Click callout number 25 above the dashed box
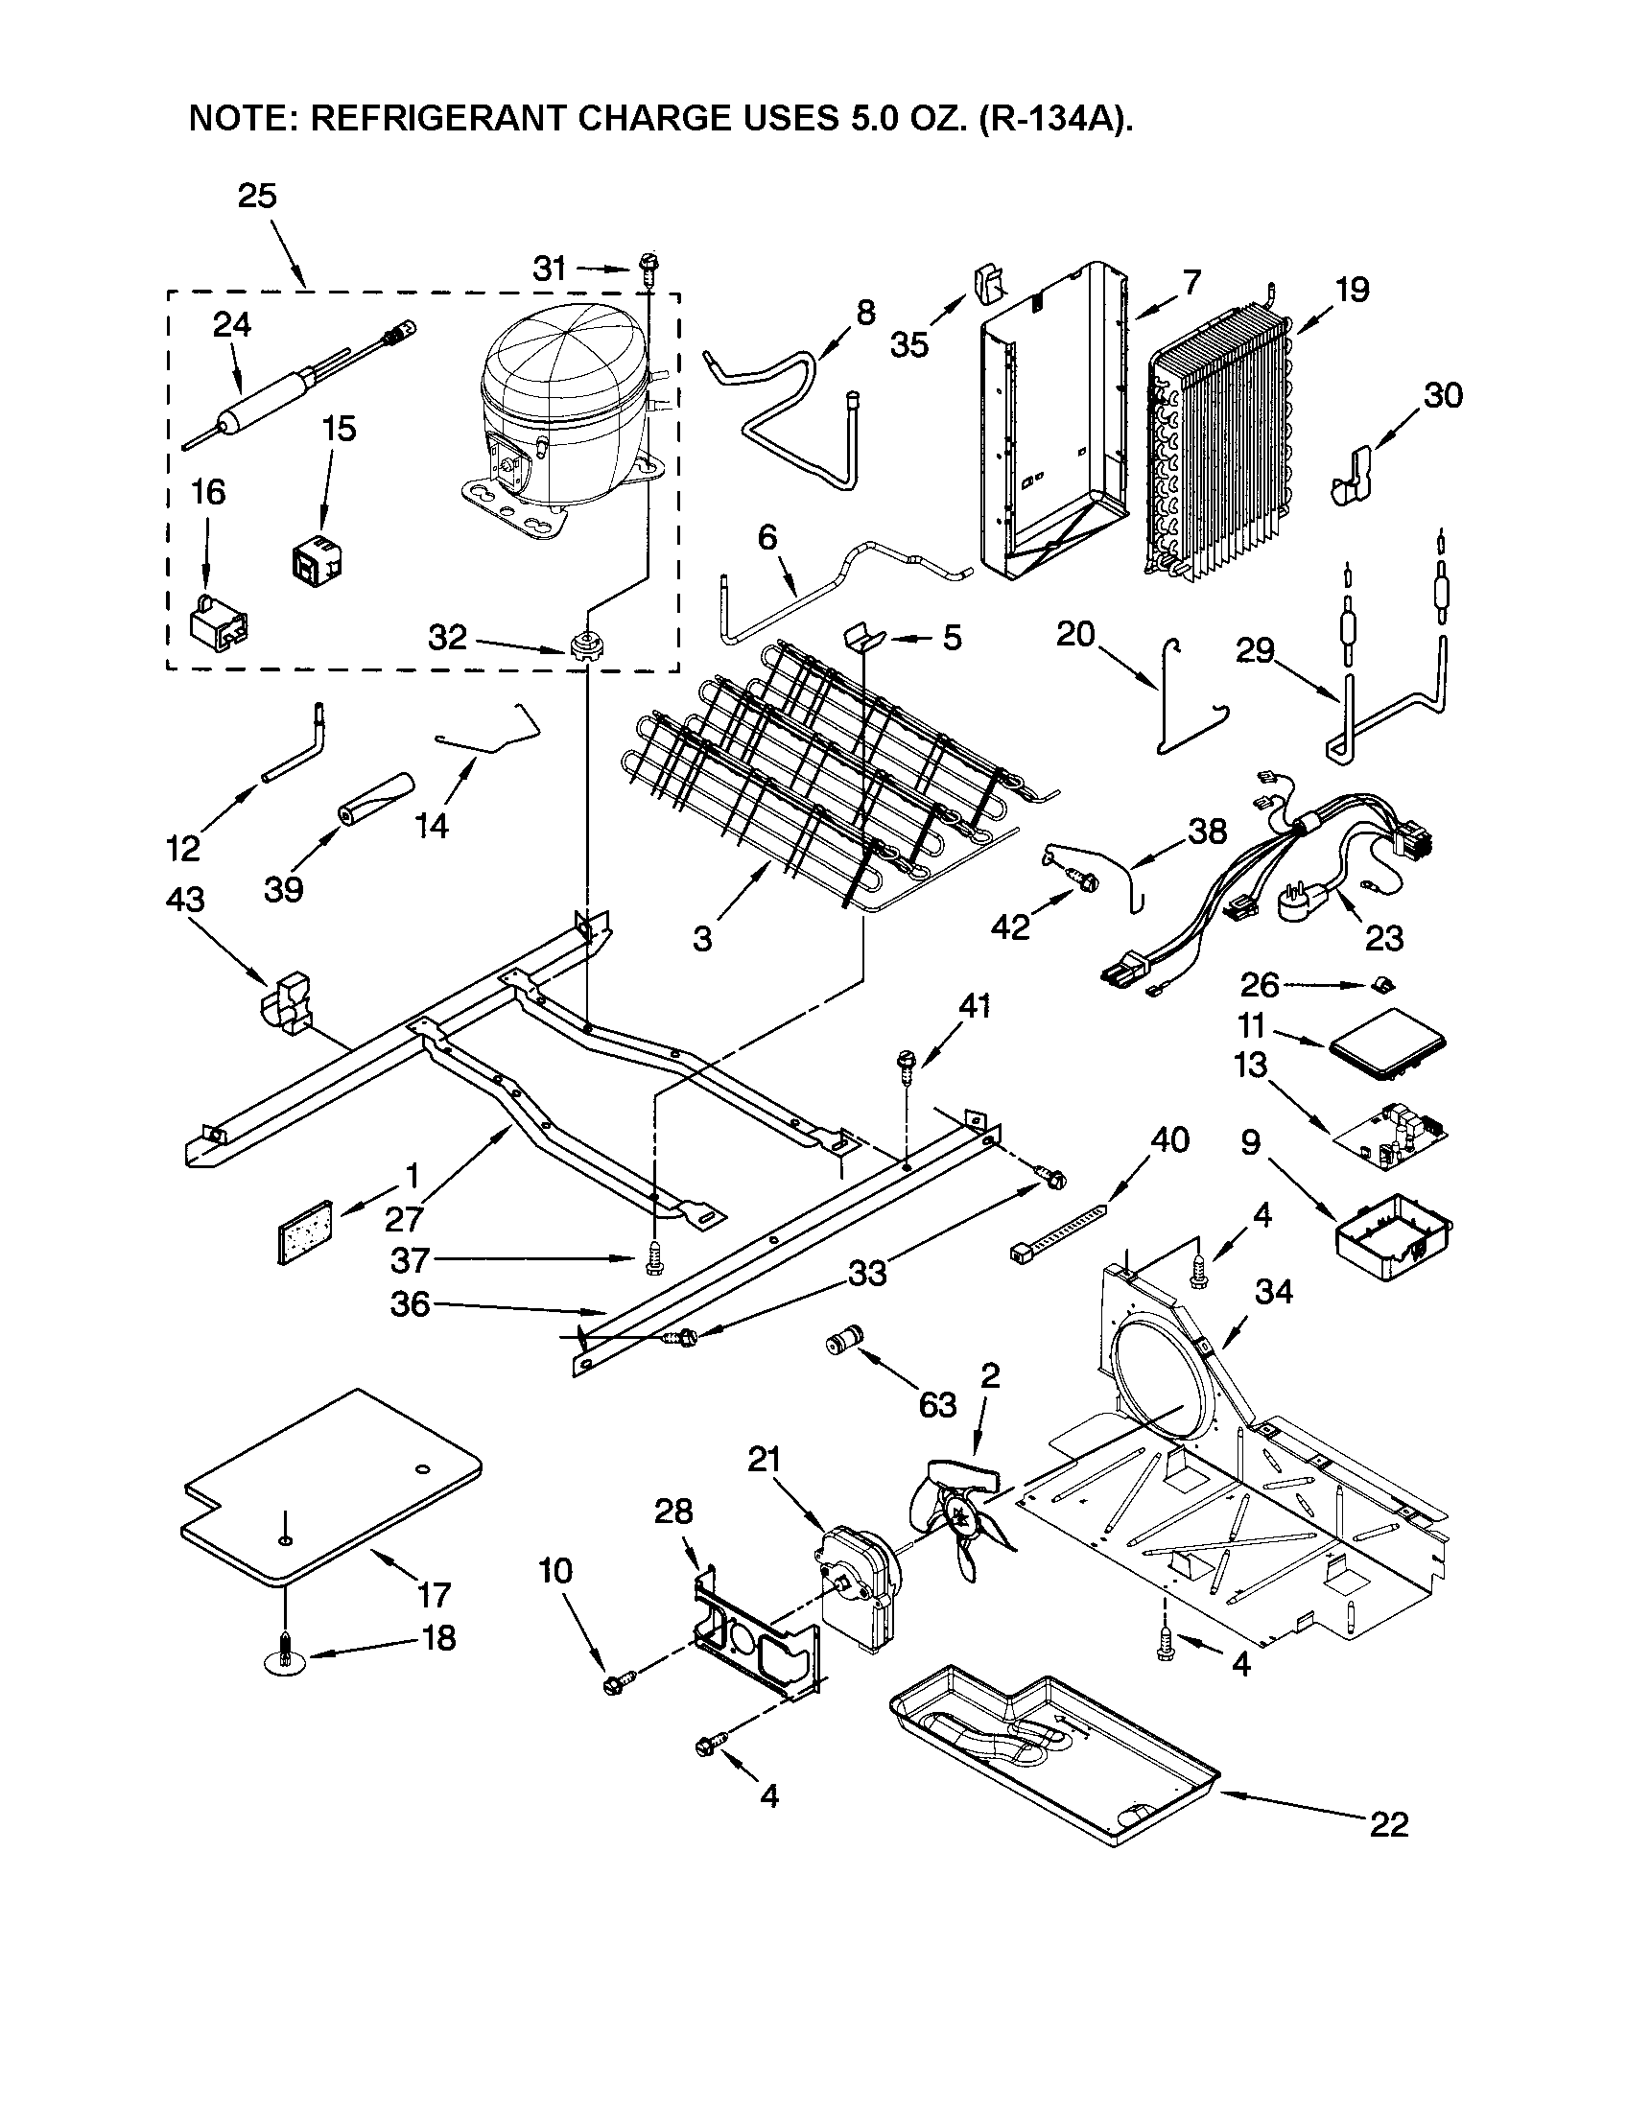257,196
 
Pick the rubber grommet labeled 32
582,644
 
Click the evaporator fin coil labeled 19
1222,444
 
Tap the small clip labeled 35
985,281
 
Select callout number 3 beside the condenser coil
702,938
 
